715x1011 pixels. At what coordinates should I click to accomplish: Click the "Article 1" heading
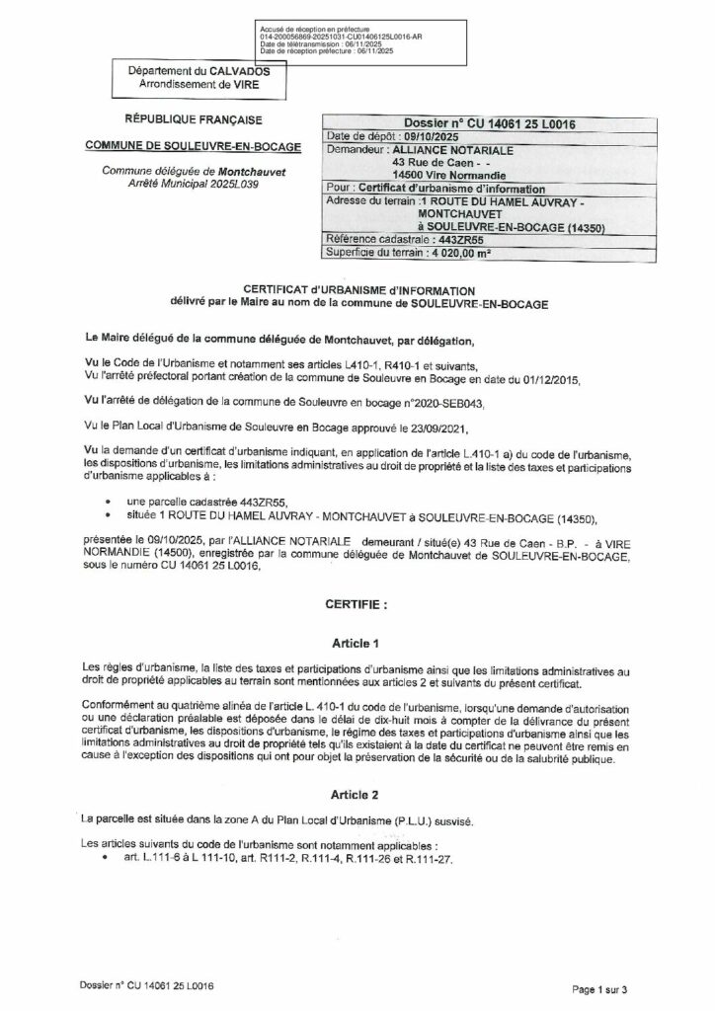click(357, 641)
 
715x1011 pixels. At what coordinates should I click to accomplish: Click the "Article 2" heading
click(357, 793)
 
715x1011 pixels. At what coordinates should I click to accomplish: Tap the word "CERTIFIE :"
click(357, 600)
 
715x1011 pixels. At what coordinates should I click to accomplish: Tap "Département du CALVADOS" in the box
click(191, 72)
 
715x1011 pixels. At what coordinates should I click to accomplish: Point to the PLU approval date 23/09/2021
click(463, 430)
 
